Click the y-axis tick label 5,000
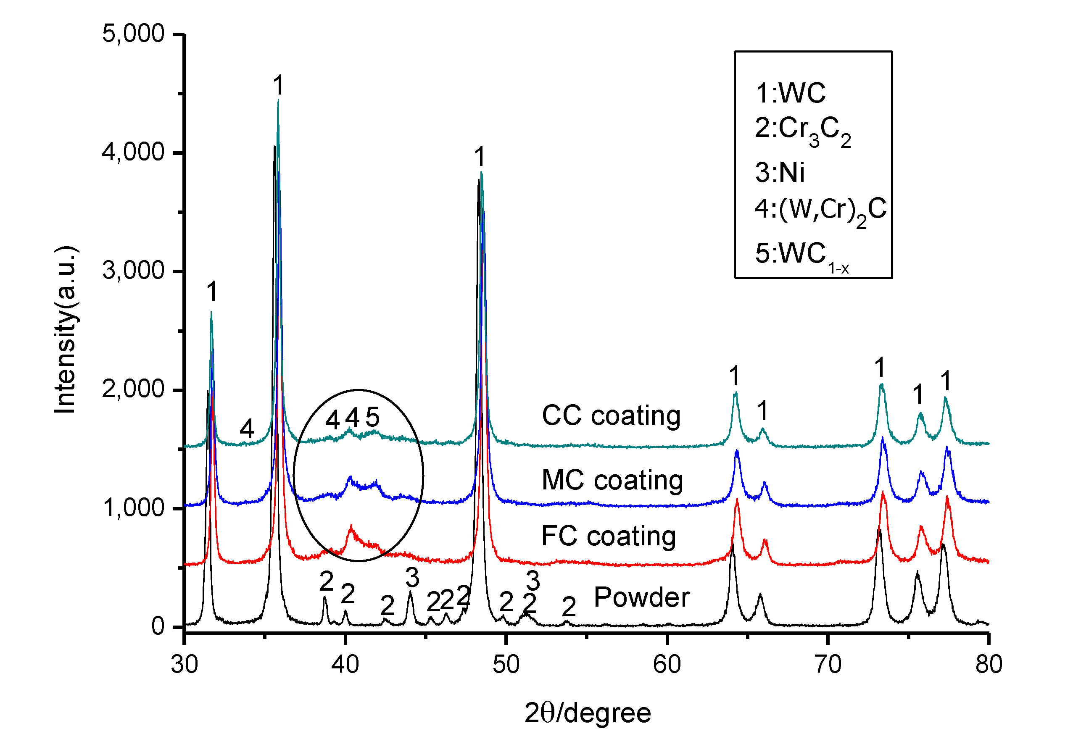click(133, 34)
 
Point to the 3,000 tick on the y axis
click(133, 271)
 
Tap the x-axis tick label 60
click(667, 665)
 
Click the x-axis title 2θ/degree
click(588, 713)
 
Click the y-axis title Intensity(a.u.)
click(66, 330)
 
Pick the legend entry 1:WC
click(790, 93)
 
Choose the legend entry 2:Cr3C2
click(802, 130)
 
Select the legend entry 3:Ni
click(780, 172)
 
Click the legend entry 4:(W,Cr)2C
click(820, 210)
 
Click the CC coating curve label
click(611, 416)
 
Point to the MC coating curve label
click(612, 480)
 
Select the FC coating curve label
click(609, 536)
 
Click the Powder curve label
click(641, 597)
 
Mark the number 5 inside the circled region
click(372, 417)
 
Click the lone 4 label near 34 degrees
click(247, 429)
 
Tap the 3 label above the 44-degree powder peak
click(412, 578)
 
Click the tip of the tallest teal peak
click(278, 100)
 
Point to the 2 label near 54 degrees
click(569, 607)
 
